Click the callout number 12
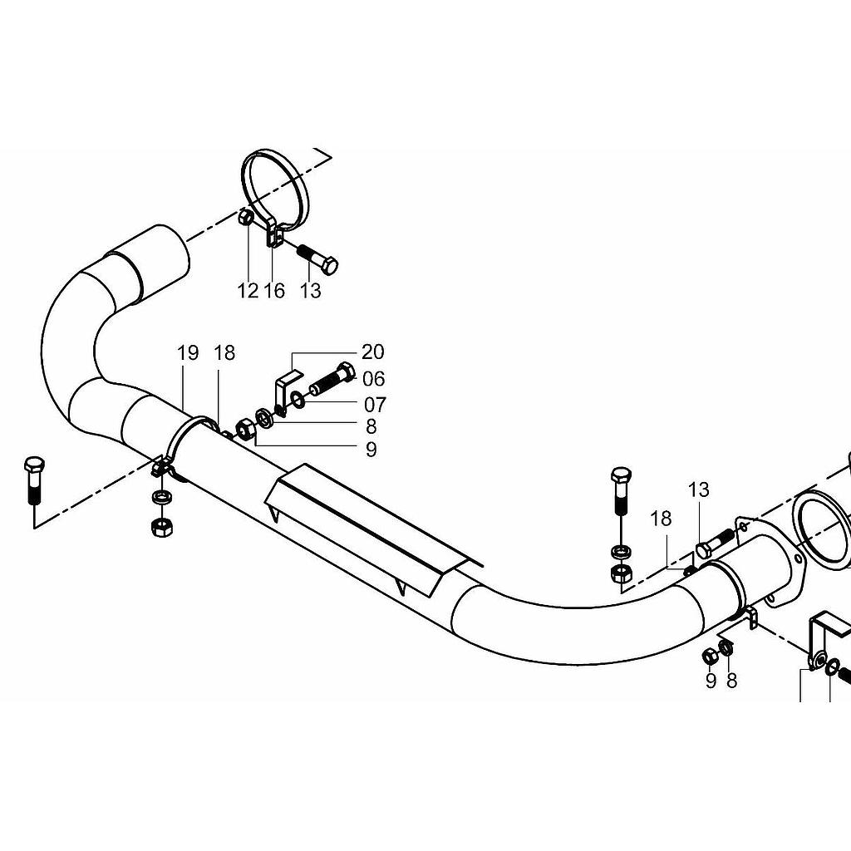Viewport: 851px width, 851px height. coord(248,291)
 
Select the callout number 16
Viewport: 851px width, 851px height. coord(274,291)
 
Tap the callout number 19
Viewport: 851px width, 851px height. coord(188,352)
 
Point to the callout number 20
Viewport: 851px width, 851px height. coord(373,352)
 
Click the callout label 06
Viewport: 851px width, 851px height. coord(374,379)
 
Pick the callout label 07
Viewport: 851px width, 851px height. coord(375,405)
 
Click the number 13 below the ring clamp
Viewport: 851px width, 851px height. coord(310,291)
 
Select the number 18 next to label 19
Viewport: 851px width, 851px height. coord(224,352)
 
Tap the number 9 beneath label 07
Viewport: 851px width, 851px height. coord(371,450)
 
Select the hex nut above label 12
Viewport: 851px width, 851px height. coord(245,218)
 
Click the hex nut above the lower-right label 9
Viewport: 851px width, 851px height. coord(710,656)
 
